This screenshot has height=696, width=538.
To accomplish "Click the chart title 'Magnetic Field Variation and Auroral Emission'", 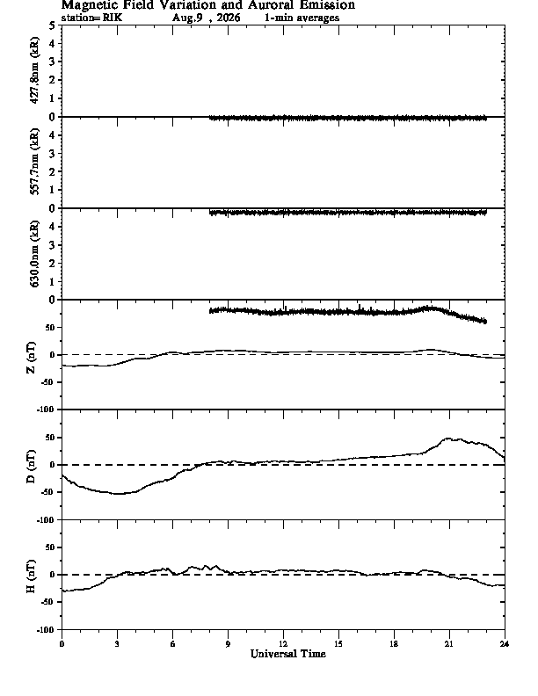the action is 207,5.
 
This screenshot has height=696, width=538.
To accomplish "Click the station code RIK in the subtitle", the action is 113,18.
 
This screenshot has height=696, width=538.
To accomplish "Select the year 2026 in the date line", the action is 229,18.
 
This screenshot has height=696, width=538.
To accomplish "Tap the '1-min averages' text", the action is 302,18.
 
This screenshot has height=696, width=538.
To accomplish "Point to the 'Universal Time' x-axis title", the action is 288,654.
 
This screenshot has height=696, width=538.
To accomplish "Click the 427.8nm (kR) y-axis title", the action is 33,70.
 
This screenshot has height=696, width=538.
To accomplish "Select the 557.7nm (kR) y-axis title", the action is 33,162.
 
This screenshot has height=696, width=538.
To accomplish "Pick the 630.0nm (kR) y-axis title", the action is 33,253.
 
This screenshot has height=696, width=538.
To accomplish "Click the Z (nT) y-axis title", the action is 31,358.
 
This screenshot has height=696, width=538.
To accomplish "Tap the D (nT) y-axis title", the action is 31,467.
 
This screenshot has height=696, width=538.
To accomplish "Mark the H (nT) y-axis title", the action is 31,576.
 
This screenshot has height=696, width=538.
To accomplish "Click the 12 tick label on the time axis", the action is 283,644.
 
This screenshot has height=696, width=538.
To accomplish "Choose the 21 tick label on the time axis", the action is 449,644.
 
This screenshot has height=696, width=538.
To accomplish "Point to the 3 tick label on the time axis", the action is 117,644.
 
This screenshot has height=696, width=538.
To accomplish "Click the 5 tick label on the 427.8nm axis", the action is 53,25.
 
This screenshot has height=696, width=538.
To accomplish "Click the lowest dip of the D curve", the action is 119,494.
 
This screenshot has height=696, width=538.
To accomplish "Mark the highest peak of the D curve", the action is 447,439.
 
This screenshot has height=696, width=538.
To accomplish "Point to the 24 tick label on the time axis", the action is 505,644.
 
